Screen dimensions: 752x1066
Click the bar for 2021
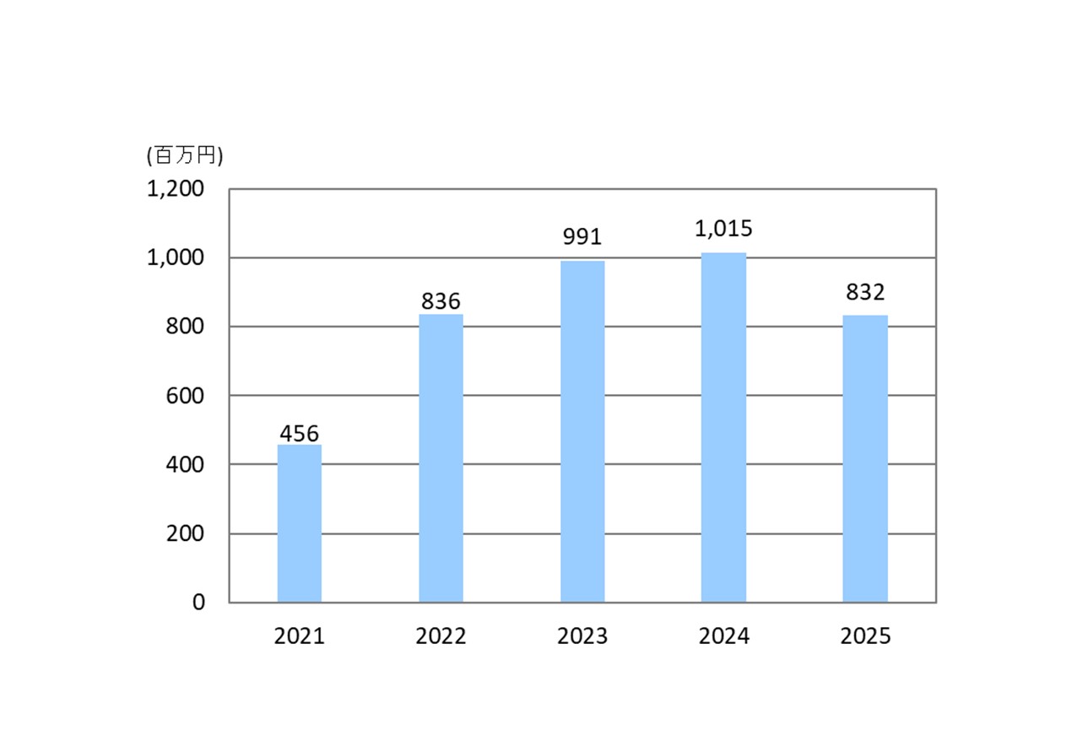[299, 523]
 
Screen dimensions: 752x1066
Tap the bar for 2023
[582, 431]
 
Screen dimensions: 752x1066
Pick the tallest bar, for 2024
[723, 427]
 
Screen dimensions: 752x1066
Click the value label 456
[299, 434]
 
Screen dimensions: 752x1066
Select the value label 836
[441, 301]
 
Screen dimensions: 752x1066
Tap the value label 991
[582, 237]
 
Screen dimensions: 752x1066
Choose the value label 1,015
[723, 228]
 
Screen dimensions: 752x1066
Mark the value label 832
[865, 293]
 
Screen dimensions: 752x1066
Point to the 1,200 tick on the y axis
[176, 189]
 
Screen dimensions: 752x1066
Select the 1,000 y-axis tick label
[176, 257]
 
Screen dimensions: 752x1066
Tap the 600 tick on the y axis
[186, 395]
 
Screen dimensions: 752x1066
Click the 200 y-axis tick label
[186, 533]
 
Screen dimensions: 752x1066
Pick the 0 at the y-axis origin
[198, 602]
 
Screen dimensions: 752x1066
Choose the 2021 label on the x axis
[299, 636]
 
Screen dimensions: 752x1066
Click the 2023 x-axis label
[582, 636]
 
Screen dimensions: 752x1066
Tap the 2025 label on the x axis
[865, 636]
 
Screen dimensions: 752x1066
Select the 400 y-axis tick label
[186, 464]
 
